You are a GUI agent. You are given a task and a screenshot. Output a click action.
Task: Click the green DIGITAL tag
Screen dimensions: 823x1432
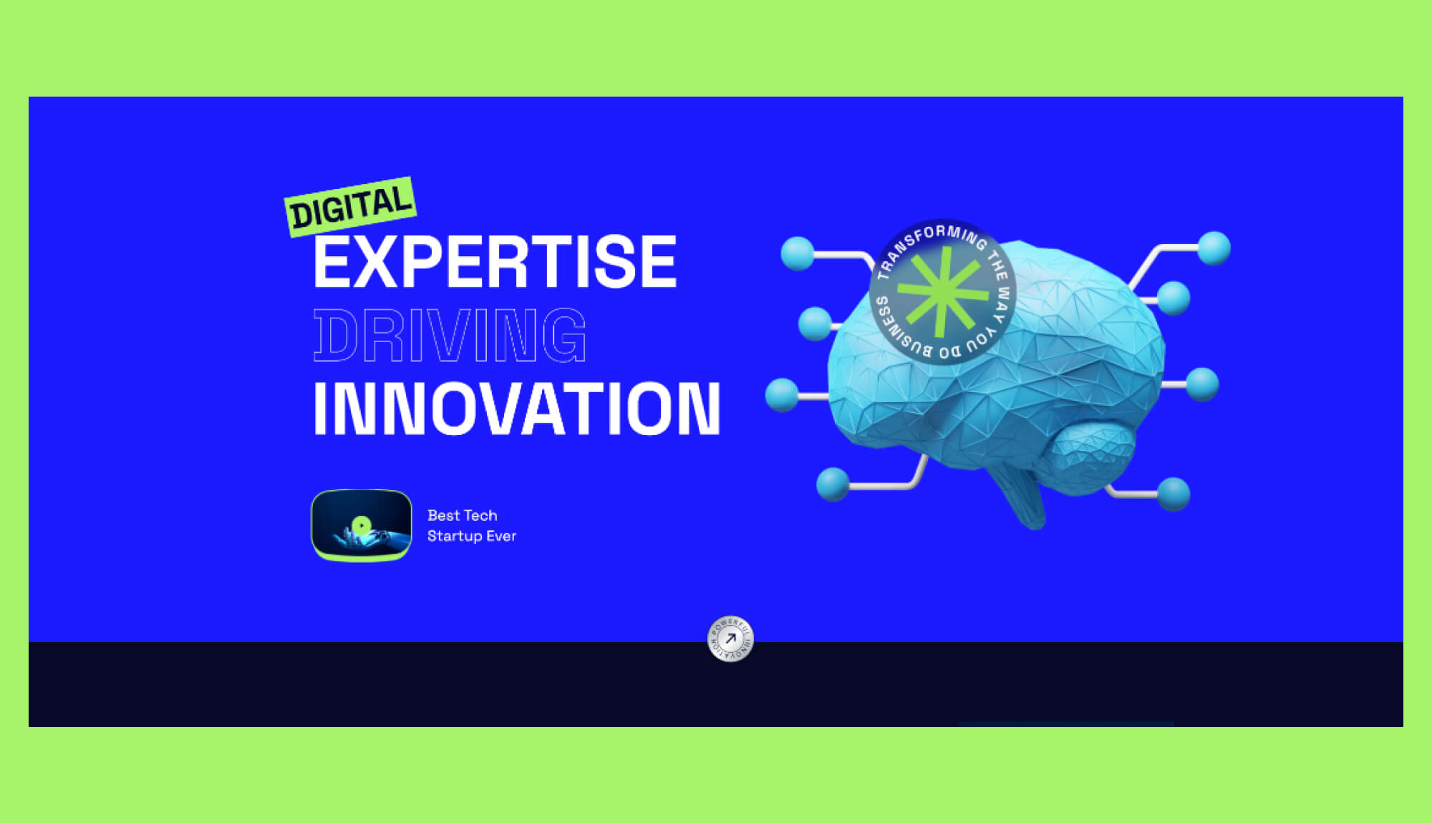tap(351, 207)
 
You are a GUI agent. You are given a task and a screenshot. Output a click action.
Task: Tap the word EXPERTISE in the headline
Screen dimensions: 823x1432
tap(495, 263)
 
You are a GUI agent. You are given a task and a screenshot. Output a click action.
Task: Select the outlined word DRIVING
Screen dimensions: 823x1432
tap(450, 336)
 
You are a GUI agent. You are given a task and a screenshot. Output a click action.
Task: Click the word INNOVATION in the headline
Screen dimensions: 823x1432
tap(516, 408)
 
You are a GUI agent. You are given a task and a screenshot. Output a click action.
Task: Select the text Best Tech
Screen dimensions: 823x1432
tap(462, 515)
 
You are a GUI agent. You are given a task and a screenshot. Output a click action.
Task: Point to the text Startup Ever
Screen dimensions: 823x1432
tap(471, 536)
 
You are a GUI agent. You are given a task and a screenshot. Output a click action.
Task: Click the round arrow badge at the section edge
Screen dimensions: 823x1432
tap(730, 638)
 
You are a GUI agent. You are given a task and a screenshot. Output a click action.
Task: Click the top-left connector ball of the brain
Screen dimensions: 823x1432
tap(798, 253)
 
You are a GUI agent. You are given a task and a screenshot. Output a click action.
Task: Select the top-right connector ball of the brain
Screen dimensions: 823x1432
tap(1214, 248)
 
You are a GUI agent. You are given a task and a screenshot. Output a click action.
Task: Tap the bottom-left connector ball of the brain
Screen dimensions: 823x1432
tap(833, 484)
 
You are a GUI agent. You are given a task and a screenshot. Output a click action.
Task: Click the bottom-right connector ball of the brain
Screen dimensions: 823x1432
tap(1174, 494)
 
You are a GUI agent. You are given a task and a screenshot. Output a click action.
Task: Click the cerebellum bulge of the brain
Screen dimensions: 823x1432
tap(1092, 451)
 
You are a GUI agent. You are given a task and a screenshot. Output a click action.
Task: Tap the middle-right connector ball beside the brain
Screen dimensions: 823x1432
tap(1202, 384)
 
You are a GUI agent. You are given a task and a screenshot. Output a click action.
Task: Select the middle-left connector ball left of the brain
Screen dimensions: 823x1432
tap(782, 395)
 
